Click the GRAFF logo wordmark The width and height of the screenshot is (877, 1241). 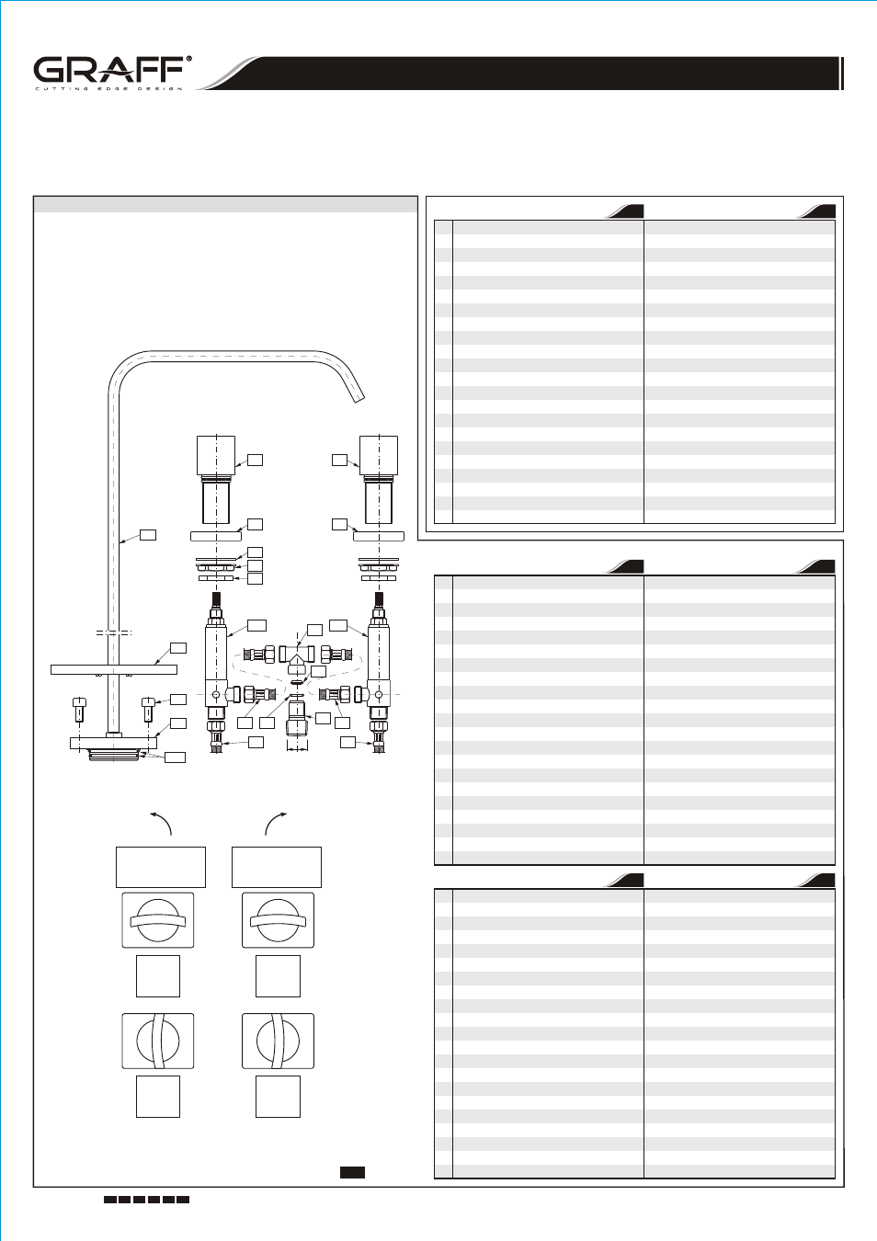[x=108, y=70]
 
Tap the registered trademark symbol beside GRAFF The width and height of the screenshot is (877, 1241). [x=189, y=58]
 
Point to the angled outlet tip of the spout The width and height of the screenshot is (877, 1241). [x=359, y=397]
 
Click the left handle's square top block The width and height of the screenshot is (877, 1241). [x=216, y=455]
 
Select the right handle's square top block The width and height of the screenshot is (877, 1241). [x=379, y=455]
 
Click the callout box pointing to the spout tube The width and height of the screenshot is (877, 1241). [x=148, y=535]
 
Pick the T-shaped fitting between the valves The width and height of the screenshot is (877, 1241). [x=298, y=657]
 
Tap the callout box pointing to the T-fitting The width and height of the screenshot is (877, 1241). [x=314, y=630]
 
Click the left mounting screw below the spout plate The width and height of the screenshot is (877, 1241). [x=80, y=710]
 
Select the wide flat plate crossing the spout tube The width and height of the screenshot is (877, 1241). [x=114, y=670]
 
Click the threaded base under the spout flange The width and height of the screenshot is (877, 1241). [x=114, y=755]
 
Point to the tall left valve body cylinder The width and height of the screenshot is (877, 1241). [x=216, y=665]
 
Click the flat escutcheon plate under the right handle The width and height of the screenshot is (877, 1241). [x=379, y=536]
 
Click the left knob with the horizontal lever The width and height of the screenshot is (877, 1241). [x=158, y=920]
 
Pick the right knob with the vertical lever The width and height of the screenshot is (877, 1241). [x=279, y=1041]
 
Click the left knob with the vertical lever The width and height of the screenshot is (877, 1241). [x=158, y=1041]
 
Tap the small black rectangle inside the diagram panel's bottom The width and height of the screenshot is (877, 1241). [x=352, y=1172]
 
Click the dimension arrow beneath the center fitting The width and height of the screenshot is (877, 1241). [x=298, y=749]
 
